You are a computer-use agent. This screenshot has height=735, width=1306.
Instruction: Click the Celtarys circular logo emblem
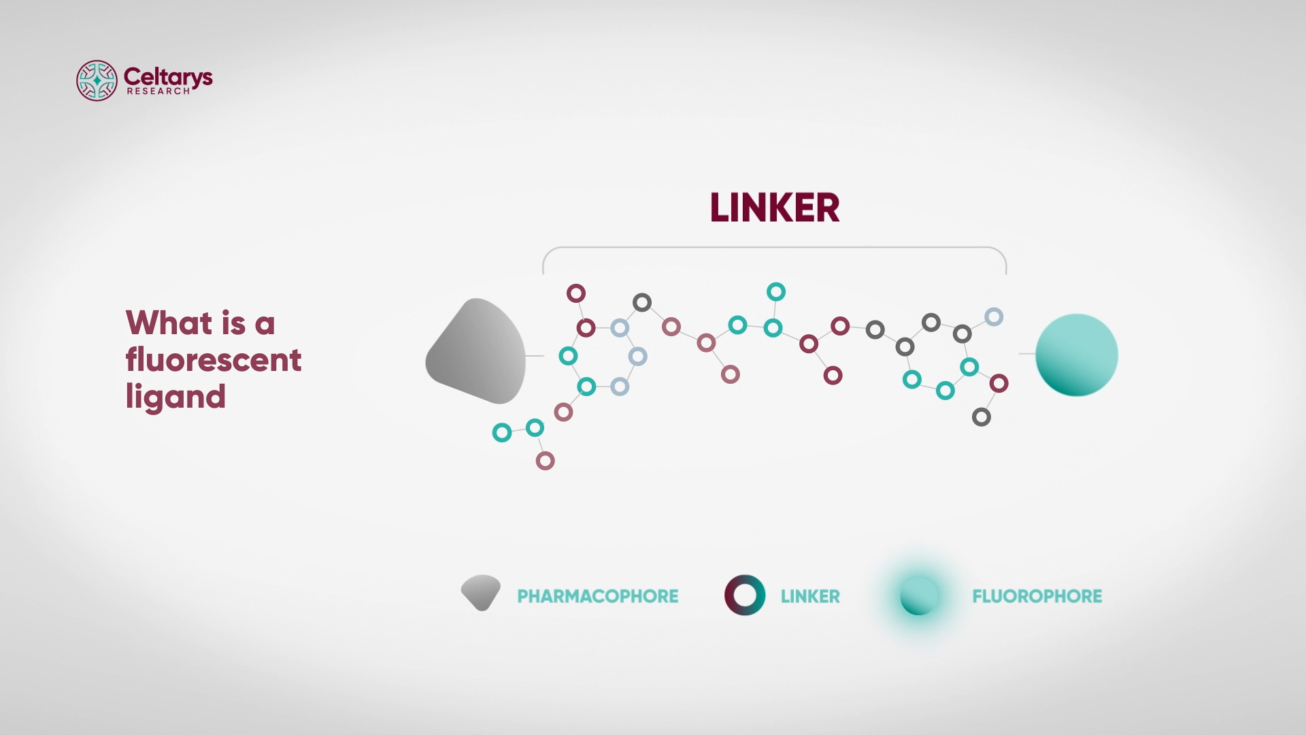tap(97, 80)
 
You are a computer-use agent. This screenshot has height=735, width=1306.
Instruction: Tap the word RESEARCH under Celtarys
tap(158, 91)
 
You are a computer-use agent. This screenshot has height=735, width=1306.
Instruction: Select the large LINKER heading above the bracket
tap(775, 208)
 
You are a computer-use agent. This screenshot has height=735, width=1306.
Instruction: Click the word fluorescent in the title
tap(213, 359)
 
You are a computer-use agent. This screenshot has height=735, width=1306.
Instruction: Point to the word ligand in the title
tap(175, 397)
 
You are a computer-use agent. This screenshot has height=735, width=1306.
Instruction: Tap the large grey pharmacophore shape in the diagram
tap(477, 351)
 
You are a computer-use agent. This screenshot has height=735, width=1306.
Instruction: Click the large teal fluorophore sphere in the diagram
tap(1076, 355)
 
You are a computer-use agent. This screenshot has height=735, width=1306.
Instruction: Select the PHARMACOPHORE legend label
tap(597, 596)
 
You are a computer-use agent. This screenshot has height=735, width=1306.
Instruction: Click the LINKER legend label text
tap(809, 596)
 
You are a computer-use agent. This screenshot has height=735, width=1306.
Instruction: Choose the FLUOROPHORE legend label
tap(1037, 596)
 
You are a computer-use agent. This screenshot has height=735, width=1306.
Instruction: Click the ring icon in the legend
tap(745, 595)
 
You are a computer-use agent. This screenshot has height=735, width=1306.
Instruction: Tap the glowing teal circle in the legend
tap(919, 596)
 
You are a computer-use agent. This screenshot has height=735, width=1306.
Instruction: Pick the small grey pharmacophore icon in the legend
tap(481, 593)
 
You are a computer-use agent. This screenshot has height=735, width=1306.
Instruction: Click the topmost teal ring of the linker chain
tap(776, 292)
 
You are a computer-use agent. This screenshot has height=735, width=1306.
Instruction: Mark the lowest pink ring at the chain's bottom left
tap(545, 461)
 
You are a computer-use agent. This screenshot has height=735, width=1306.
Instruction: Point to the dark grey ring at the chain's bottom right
tap(981, 417)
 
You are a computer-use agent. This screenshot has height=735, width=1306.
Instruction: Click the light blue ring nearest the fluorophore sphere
tap(994, 316)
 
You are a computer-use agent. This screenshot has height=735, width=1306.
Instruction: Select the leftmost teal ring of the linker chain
tap(502, 432)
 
